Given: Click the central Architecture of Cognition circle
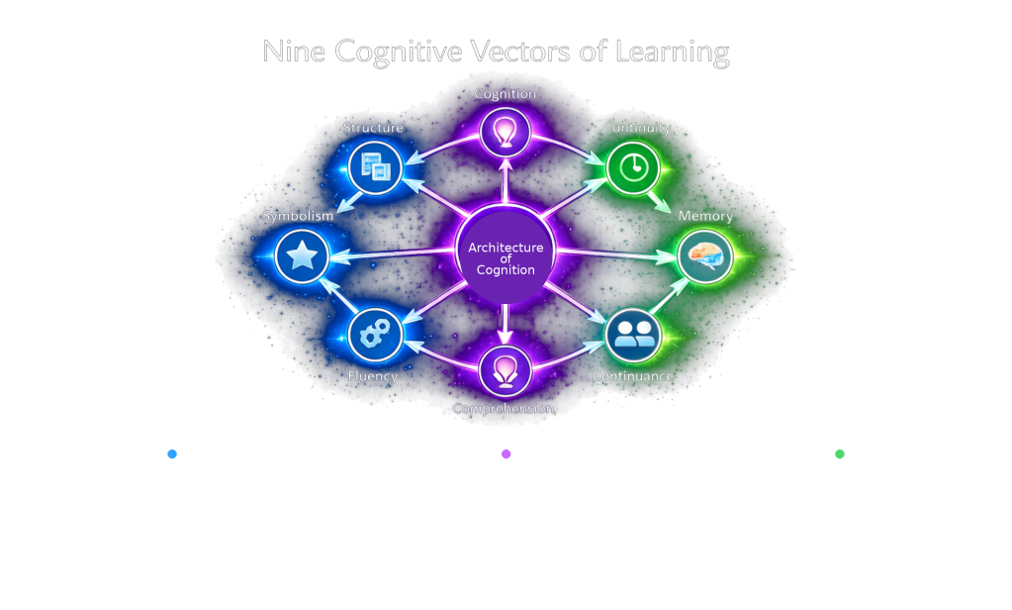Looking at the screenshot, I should [506, 257].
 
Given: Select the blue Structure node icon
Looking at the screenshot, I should [376, 167].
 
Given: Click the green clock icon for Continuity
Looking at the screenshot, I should [632, 167].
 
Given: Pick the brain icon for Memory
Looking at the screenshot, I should [704, 255].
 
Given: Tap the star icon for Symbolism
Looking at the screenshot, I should [302, 256].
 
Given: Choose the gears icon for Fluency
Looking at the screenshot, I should [376, 334].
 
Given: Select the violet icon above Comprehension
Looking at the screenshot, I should [506, 370].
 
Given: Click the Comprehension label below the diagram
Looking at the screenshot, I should [503, 408].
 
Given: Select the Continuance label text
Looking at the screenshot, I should [632, 376].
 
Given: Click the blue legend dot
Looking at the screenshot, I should [172, 454].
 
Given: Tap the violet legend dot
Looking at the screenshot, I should [506, 454].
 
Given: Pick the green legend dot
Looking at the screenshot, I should [840, 454].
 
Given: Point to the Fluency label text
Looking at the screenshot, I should [373, 376].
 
